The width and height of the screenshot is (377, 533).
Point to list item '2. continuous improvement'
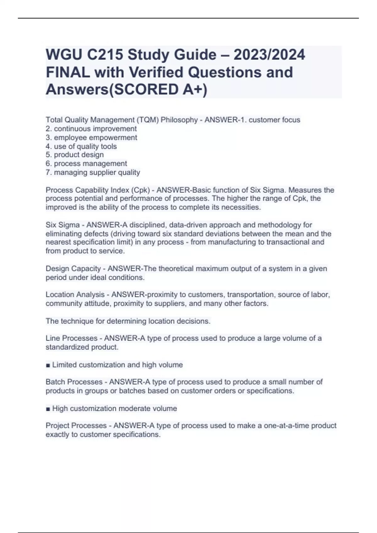click(x=91, y=129)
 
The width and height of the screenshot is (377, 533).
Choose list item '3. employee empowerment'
click(x=91, y=138)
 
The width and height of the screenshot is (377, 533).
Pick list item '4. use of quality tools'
click(x=81, y=146)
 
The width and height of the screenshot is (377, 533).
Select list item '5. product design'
click(x=74, y=155)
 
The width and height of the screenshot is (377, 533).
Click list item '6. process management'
click(x=86, y=164)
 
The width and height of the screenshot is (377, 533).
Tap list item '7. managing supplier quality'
click(x=93, y=172)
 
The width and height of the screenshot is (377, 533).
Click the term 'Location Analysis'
click(x=75, y=295)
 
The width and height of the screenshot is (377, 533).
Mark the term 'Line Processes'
click(x=72, y=338)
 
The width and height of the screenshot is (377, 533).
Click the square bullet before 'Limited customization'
click(x=48, y=365)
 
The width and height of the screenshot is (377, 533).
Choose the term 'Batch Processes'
click(x=74, y=382)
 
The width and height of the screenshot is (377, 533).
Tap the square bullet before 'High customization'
click(x=48, y=409)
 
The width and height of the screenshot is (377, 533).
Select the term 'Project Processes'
click(x=76, y=425)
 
